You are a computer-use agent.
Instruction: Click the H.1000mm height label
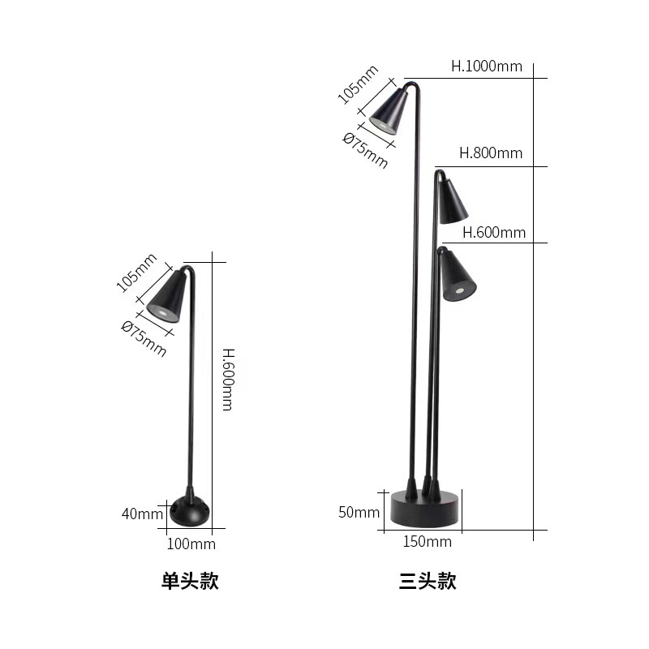(x=487, y=67)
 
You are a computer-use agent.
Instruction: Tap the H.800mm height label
(x=491, y=153)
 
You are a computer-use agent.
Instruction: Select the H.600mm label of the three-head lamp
(x=494, y=233)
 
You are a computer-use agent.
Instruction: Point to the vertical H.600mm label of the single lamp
(x=227, y=379)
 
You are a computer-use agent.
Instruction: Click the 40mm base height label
(x=143, y=514)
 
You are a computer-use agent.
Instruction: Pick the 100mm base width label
(x=191, y=544)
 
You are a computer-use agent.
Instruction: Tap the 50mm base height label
(x=359, y=512)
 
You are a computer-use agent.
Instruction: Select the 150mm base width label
(x=427, y=541)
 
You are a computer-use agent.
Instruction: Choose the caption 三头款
(x=428, y=581)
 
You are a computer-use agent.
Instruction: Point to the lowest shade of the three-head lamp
(x=457, y=277)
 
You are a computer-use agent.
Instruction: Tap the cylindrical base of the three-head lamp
(x=425, y=507)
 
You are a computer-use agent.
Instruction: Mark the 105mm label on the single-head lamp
(x=136, y=273)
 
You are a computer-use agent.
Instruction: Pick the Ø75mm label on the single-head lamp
(x=144, y=337)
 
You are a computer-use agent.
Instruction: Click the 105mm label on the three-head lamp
(x=358, y=84)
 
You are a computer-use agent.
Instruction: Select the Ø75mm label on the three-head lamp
(x=366, y=150)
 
